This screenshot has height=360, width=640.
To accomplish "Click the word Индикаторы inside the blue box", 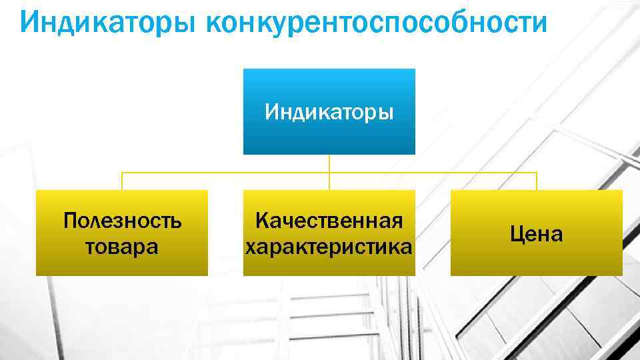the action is [329, 112].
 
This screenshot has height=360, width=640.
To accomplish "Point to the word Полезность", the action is [122, 221].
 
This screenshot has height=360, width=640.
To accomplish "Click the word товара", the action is [122, 247].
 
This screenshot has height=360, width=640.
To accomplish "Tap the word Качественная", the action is [329, 221].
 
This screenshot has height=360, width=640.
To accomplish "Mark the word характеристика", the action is [329, 247].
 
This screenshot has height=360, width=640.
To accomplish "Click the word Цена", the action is [536, 234].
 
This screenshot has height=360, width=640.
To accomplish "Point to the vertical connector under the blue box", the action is [329, 163].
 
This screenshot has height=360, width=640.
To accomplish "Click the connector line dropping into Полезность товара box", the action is [122, 181].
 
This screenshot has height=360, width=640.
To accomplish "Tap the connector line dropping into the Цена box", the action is [536, 181].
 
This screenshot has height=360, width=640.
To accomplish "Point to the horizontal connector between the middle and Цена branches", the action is [433, 173].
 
